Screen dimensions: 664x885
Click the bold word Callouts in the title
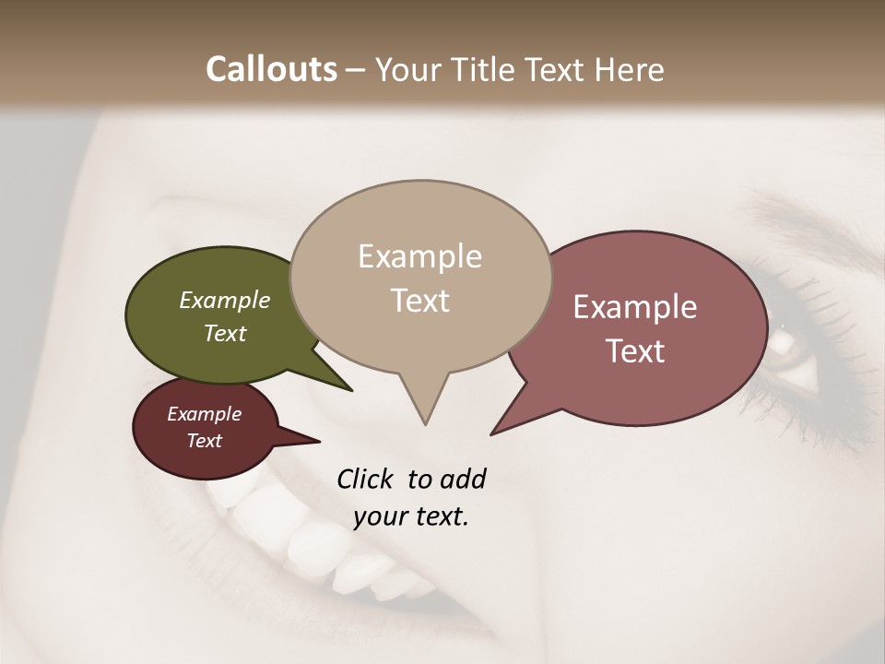(x=271, y=69)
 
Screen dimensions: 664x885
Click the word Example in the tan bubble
(x=420, y=256)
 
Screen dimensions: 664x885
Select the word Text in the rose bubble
(x=635, y=351)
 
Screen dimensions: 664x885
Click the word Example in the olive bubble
(x=225, y=300)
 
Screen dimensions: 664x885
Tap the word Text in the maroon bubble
(x=205, y=441)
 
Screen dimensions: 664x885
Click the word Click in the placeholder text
(x=365, y=479)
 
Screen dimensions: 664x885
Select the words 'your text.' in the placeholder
(x=411, y=516)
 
